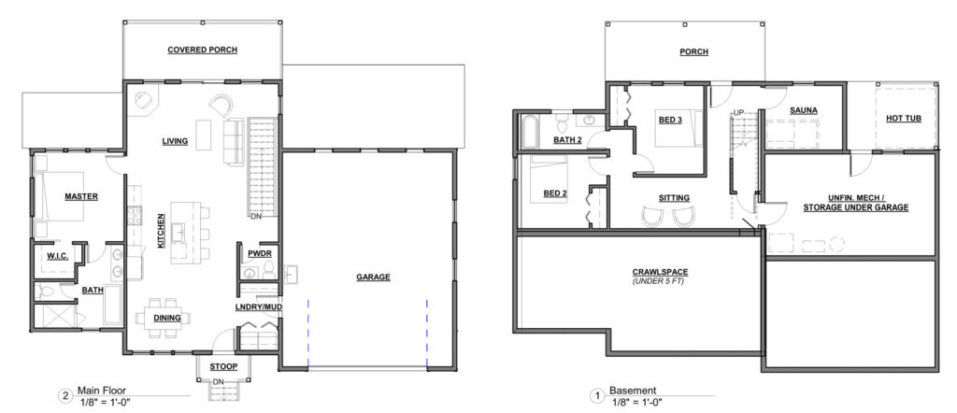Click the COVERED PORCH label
pyautogui.click(x=202, y=50)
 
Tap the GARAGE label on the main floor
pyautogui.click(x=373, y=277)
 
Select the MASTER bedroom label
pyautogui.click(x=81, y=196)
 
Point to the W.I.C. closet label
pyautogui.click(x=56, y=254)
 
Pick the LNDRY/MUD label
pyautogui.click(x=258, y=306)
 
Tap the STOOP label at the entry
pyautogui.click(x=223, y=366)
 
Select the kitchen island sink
pyautogui.click(x=179, y=233)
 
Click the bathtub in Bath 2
pyautogui.click(x=530, y=131)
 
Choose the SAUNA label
pyautogui.click(x=803, y=111)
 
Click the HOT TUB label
pyautogui.click(x=904, y=119)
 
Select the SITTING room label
pyautogui.click(x=674, y=198)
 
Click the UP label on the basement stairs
pyautogui.click(x=738, y=113)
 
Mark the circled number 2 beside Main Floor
pyautogui.click(x=64, y=395)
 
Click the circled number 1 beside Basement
pyautogui.click(x=597, y=395)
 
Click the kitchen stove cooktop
pyautogui.click(x=135, y=216)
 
